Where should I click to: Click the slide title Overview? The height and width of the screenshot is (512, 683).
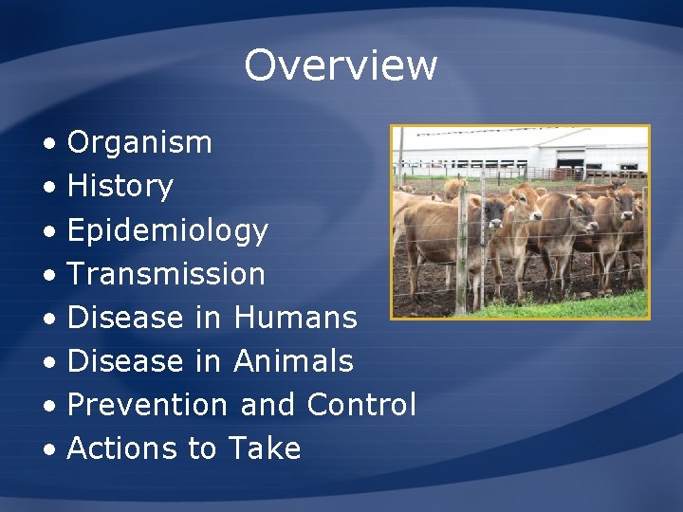tap(341, 65)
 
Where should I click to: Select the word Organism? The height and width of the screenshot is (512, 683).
tap(139, 143)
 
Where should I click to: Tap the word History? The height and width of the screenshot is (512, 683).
tap(120, 187)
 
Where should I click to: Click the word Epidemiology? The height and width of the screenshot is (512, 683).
tap(168, 230)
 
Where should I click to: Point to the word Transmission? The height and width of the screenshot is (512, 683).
tap(166, 274)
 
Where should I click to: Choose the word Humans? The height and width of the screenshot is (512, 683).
tap(295, 318)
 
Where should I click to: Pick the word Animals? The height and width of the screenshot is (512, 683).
tap(293, 361)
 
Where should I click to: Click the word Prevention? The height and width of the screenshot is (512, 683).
tap(148, 405)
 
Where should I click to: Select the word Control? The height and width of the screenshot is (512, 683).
tap(361, 405)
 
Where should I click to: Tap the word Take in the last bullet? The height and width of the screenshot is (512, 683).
tap(265, 448)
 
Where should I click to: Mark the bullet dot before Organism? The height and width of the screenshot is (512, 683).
tap(48, 144)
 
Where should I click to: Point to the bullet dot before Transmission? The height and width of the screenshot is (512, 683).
tap(48, 275)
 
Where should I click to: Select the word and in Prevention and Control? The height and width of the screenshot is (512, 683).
tap(268, 405)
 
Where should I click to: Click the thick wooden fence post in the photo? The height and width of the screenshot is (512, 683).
tap(462, 255)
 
